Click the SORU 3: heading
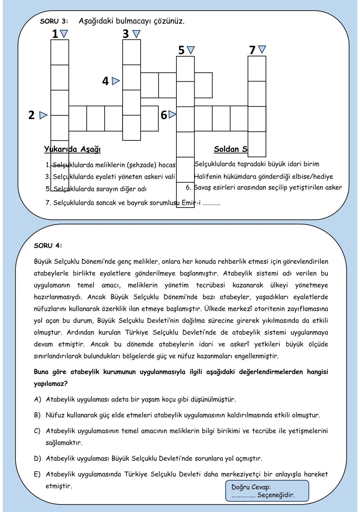pyautogui.click(x=54, y=21)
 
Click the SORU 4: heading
pyautogui.click(x=48, y=246)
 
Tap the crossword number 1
pyautogui.click(x=55, y=34)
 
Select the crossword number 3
pyautogui.click(x=126, y=34)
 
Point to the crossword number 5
pyautogui.click(x=181, y=50)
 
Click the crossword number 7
pyautogui.click(x=252, y=50)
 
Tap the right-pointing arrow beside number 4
pyautogui.click(x=116, y=81)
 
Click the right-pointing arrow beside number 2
pyautogui.click(x=43, y=115)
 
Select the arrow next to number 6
pyautogui.click(x=172, y=115)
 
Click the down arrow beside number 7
pyautogui.click(x=262, y=49)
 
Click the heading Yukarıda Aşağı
pyautogui.click(x=72, y=149)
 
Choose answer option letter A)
pyautogui.click(x=37, y=399)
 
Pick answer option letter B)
pyautogui.click(x=37, y=415)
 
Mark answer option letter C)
pyautogui.click(x=37, y=431)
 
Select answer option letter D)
pyautogui.click(x=37, y=459)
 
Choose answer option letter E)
pyautogui.click(x=37, y=474)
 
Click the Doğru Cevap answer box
pyautogui.click(x=267, y=491)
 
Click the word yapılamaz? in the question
pyautogui.click(x=51, y=384)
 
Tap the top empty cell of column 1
pyautogui.click(x=60, y=52)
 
